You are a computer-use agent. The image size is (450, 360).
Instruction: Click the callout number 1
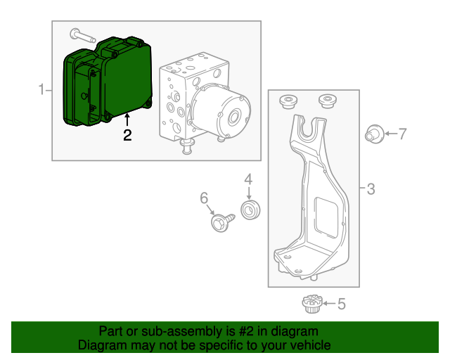pos(41,89)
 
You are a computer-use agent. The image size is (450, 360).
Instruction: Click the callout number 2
pos(127,135)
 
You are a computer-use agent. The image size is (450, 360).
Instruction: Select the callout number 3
pos(371,188)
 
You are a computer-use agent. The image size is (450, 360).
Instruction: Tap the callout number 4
pos(248,181)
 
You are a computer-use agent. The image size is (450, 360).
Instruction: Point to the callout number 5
pos(341,304)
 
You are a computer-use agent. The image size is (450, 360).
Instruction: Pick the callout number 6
pos(205,199)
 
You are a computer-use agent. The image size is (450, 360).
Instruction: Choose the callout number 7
pos(402,133)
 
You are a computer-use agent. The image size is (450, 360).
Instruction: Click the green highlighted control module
pos(109,84)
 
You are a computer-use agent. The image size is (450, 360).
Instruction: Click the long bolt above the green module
pos(83,34)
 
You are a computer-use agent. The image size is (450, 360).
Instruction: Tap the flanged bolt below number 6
pos(221,222)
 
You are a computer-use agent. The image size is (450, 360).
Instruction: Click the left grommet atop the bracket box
pos(288,101)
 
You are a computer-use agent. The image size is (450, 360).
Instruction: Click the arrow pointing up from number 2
pos(127,120)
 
